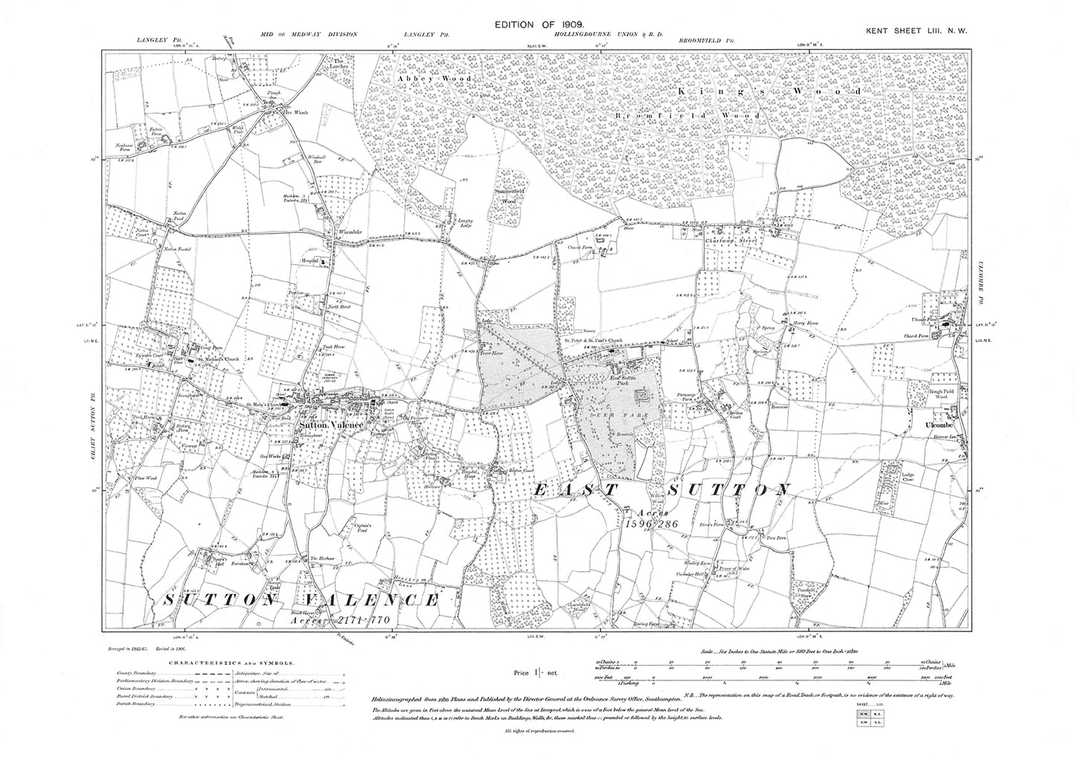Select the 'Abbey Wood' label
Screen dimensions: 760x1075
click(x=423, y=77)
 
